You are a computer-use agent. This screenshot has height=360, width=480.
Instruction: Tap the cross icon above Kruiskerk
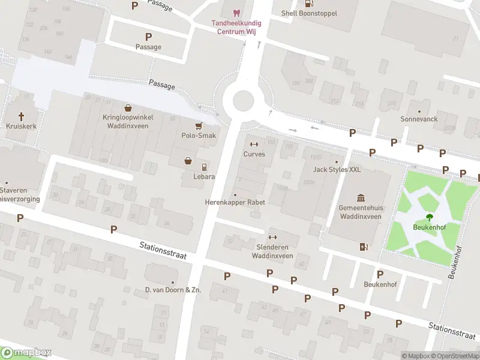click(x=22, y=115)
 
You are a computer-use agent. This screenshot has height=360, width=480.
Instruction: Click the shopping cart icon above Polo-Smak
click(x=199, y=126)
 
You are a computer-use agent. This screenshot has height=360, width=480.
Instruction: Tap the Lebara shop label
click(x=204, y=177)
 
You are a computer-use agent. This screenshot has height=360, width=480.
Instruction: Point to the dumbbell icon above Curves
click(x=254, y=144)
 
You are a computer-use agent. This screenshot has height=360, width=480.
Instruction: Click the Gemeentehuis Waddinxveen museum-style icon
click(x=361, y=198)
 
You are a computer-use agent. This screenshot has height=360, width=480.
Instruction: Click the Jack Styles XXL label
click(x=337, y=170)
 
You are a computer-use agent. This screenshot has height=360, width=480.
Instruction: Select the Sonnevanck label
click(x=419, y=119)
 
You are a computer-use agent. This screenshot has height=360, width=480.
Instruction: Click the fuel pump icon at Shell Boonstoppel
click(x=309, y=3)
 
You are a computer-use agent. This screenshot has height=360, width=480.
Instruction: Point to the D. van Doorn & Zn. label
click(x=173, y=290)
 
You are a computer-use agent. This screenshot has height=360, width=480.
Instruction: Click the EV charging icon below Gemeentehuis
click(x=362, y=247)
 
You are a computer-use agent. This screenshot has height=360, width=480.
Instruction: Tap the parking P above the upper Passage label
click(x=135, y=5)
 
